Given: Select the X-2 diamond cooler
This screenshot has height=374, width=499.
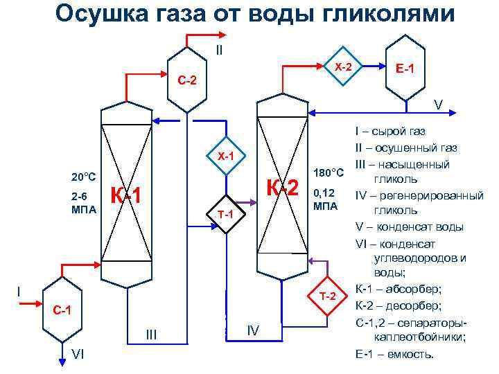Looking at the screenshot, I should click(x=343, y=67).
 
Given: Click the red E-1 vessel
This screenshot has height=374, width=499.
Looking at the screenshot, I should click(x=405, y=69).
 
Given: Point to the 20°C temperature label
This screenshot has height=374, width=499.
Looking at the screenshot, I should click(x=82, y=177).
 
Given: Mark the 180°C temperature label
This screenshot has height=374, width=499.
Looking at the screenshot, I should click(x=329, y=172).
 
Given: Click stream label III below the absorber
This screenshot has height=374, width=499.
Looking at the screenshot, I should click(x=152, y=335).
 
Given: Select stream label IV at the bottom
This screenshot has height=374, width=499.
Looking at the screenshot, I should click(x=253, y=332).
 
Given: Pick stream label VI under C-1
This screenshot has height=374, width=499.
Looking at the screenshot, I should click(x=78, y=355).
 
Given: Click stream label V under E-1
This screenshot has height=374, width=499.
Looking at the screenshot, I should click(x=438, y=105).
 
